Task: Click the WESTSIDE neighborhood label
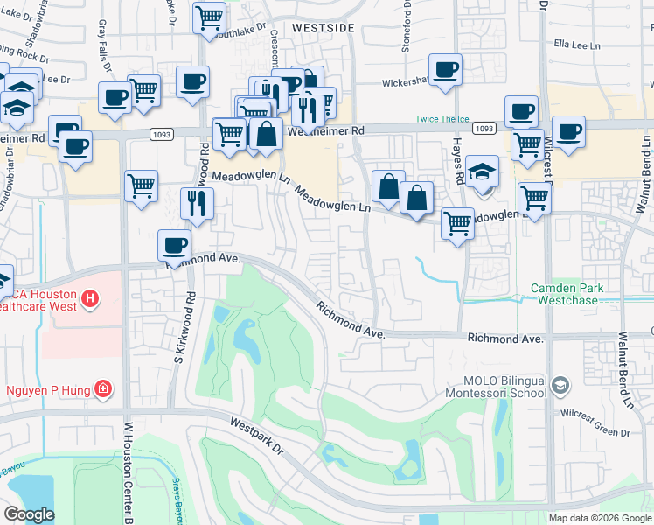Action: coord(323,28)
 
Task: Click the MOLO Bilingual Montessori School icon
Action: coord(560,384)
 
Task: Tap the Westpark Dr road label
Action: coord(257,435)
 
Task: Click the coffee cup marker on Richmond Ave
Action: coord(174,245)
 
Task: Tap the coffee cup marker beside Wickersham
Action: coord(444,69)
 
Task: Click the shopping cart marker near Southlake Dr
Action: coord(209,17)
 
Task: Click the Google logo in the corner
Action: coord(29,514)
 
